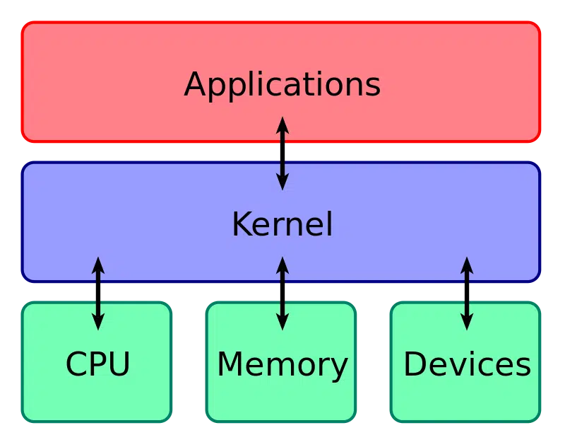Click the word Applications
point(282,86)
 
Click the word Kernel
point(282,225)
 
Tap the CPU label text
point(97,365)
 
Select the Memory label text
point(282,365)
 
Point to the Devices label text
point(467,365)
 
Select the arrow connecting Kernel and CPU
point(98,294)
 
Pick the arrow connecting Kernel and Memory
point(282,294)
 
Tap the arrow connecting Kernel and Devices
point(466,294)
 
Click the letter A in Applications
point(194,85)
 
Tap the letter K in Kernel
point(240,225)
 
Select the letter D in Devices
point(414,365)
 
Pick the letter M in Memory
point(230,365)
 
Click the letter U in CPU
point(119,365)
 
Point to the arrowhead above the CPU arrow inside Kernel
point(98,266)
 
